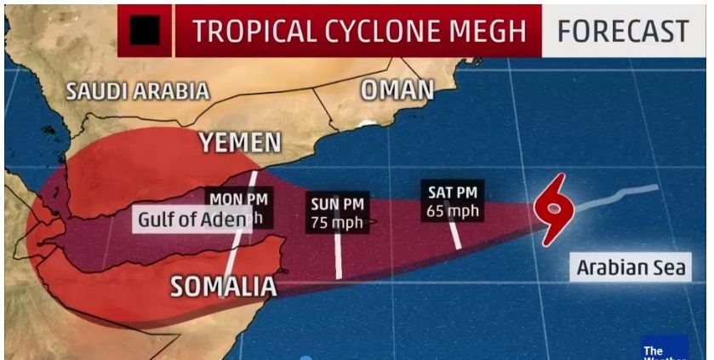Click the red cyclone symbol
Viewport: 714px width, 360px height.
[552, 207]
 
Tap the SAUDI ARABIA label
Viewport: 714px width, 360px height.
[138, 91]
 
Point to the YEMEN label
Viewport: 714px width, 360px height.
[240, 143]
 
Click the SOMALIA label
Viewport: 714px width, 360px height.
[224, 287]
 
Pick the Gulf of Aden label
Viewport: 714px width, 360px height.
[193, 220]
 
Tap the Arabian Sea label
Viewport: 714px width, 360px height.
[631, 267]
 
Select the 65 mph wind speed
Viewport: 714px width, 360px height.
[453, 210]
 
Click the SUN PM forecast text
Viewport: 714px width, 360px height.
[337, 204]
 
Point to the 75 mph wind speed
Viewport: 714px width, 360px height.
[337, 223]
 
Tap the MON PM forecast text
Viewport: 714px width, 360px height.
[238, 199]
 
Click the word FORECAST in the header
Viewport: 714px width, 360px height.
[623, 31]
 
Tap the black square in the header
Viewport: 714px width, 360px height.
[145, 31]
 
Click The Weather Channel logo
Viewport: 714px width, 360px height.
[664, 348]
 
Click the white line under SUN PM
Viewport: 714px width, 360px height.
[338, 255]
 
